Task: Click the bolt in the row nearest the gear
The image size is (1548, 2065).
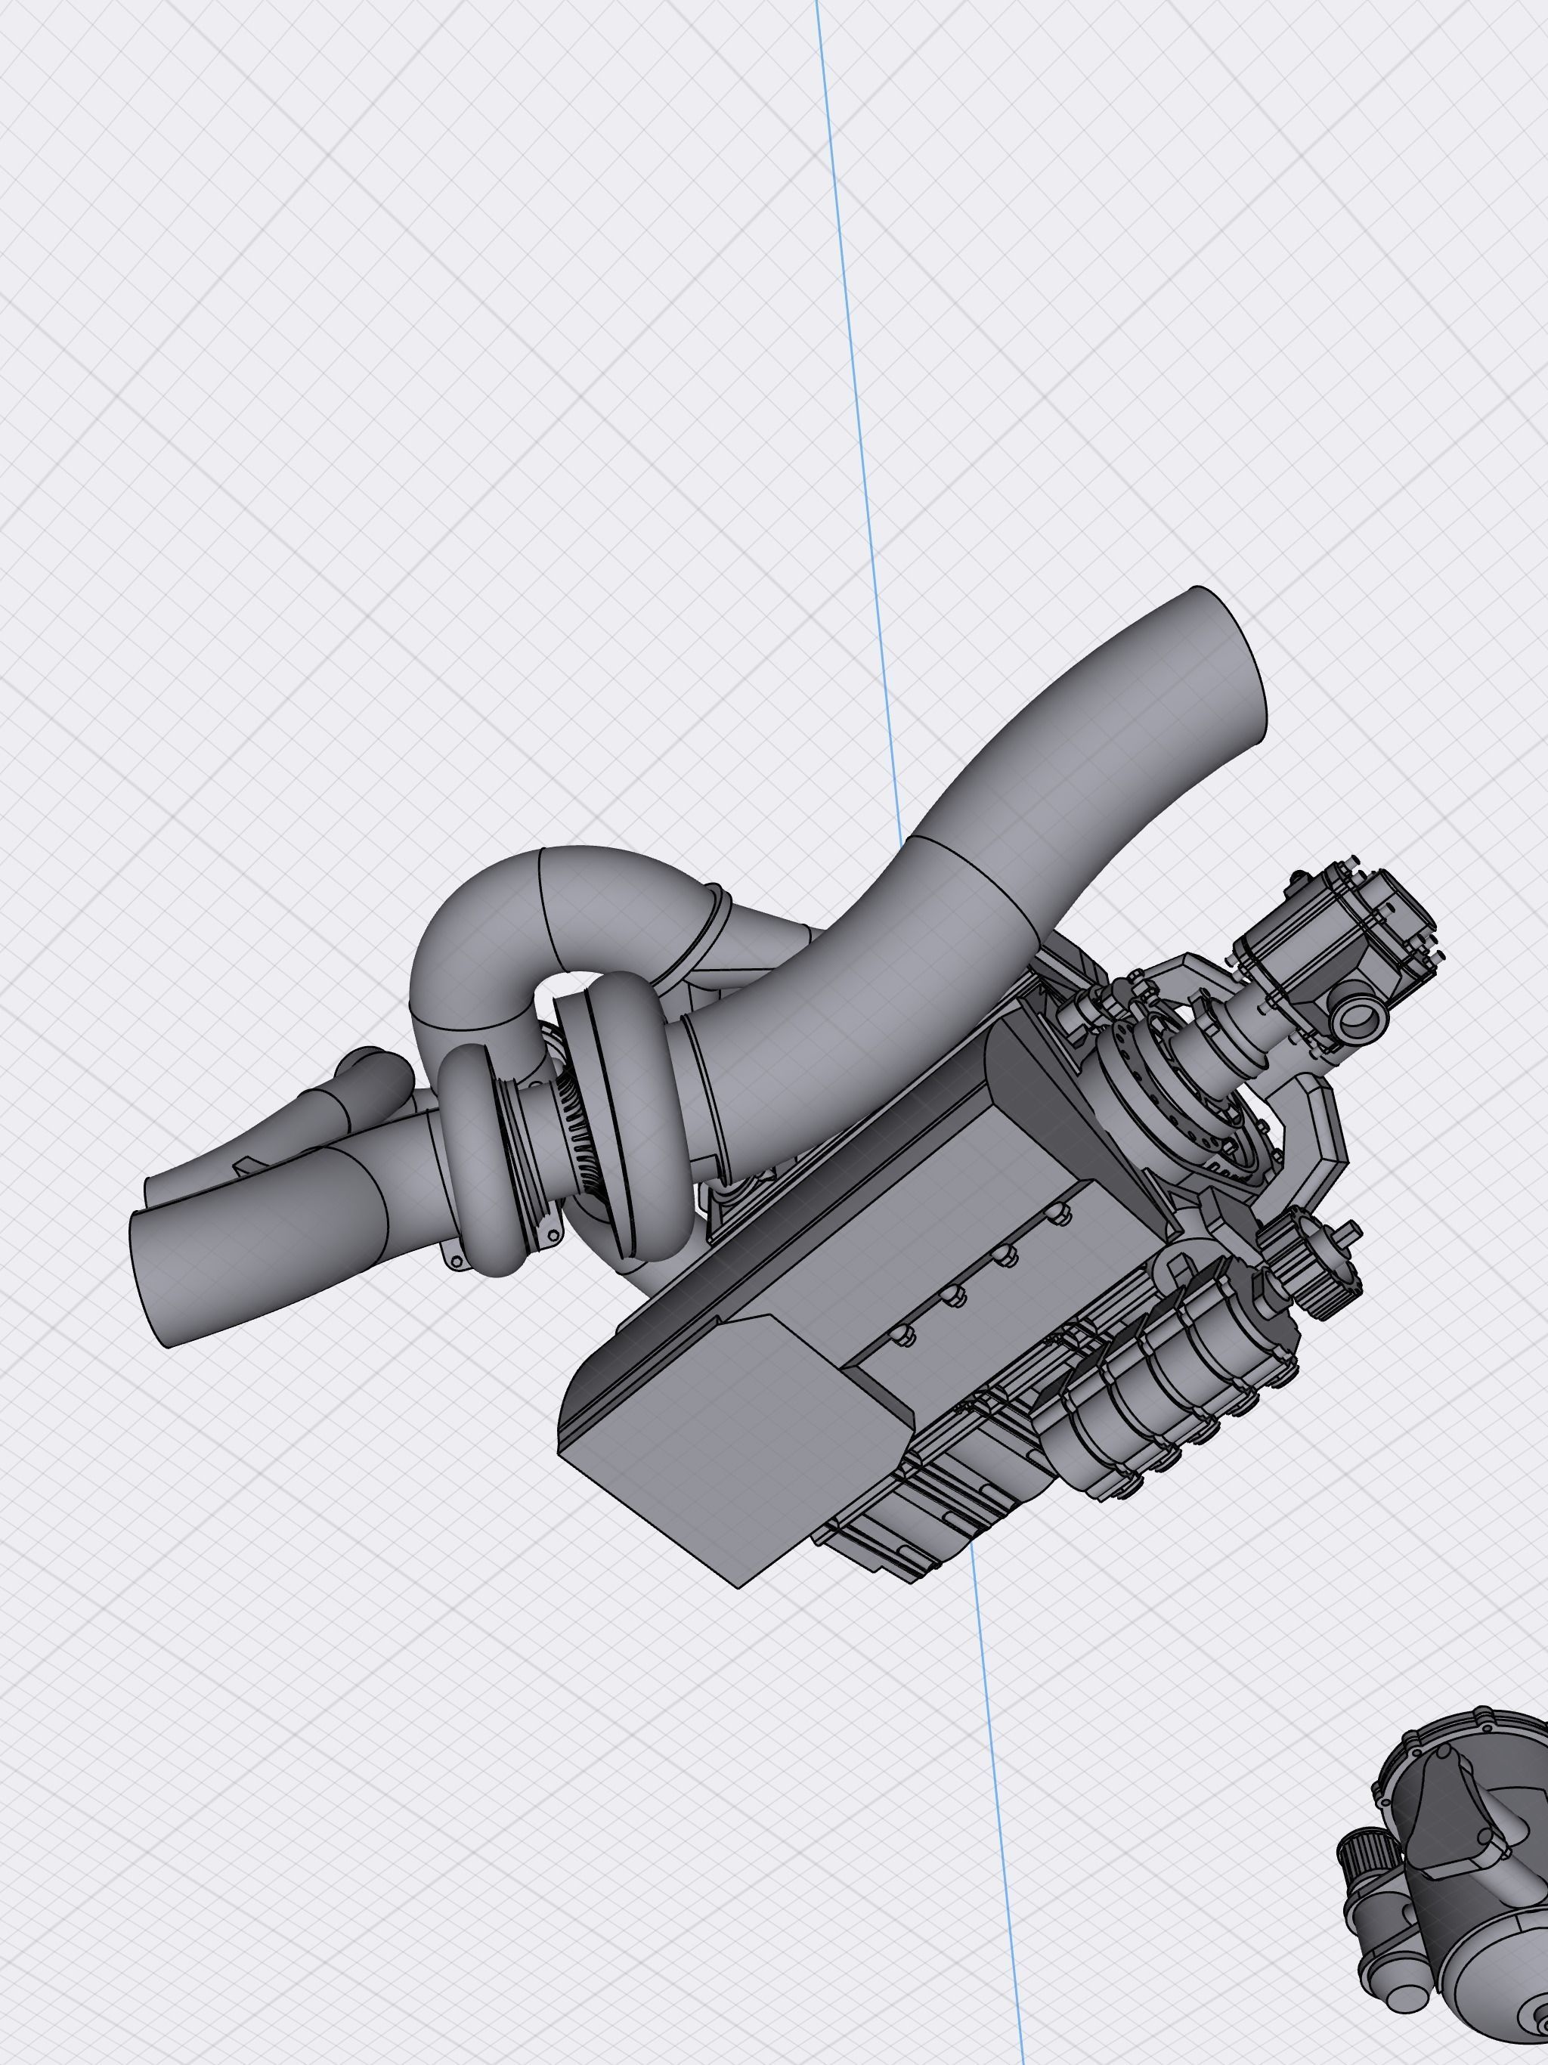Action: (x=1056, y=1214)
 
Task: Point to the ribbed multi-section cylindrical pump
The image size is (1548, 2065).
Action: (x=1167, y=1363)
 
